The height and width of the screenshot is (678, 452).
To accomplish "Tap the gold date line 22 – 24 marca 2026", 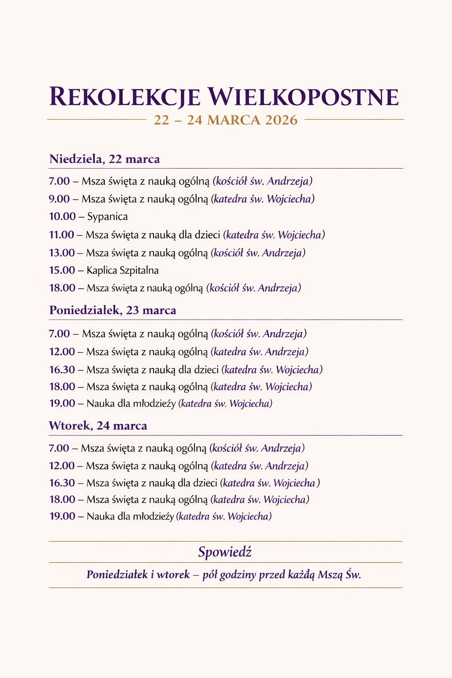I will point(226,120).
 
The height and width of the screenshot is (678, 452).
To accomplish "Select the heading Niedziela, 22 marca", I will point(105,159).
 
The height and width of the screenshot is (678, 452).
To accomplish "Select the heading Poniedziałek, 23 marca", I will point(113,310).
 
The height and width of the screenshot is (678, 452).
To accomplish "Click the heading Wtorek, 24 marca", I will point(98,426).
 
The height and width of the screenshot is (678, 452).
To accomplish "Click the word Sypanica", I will point(108,217).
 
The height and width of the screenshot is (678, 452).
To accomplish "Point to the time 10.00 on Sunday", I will point(62,217).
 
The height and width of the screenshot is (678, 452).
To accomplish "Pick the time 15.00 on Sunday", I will point(62,270).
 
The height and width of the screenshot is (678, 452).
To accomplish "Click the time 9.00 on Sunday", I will point(59,199).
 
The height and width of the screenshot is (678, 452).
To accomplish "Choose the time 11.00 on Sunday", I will point(61,235).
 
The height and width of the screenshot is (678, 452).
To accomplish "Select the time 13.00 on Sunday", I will point(62,253).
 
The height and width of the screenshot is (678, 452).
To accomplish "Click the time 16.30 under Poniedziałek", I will point(62,369).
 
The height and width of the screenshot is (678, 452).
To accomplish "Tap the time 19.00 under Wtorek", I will point(62,516).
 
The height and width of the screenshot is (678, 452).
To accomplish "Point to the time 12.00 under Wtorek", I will point(62,466).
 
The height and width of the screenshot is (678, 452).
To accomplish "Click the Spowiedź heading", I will point(225,552).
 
